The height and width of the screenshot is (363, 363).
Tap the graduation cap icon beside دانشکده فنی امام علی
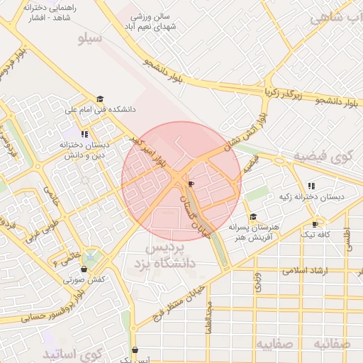click(x=100, y=99)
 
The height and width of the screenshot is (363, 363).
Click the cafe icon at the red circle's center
click(x=190, y=184)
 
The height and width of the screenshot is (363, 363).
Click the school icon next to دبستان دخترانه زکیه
click(x=311, y=186)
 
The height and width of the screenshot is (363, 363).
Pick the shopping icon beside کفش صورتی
click(x=84, y=269)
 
